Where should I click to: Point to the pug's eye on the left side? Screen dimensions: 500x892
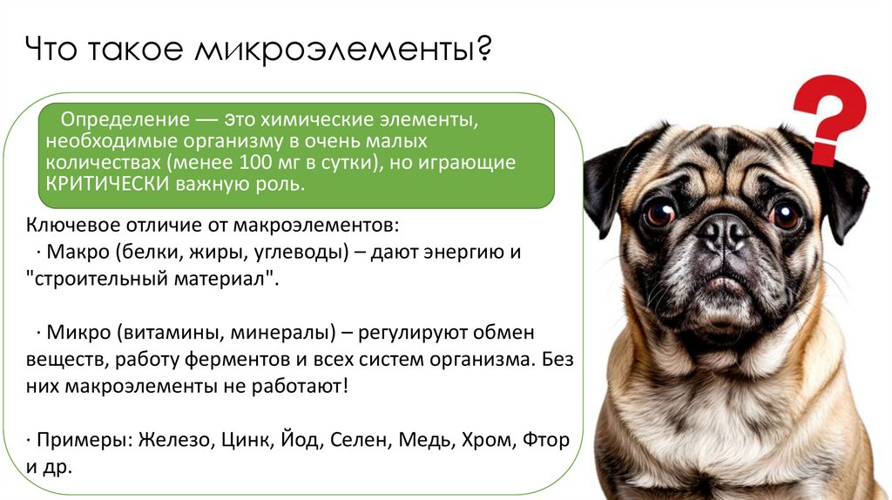coord(659,212)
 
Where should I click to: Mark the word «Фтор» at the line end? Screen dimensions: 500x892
coord(545,440)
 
